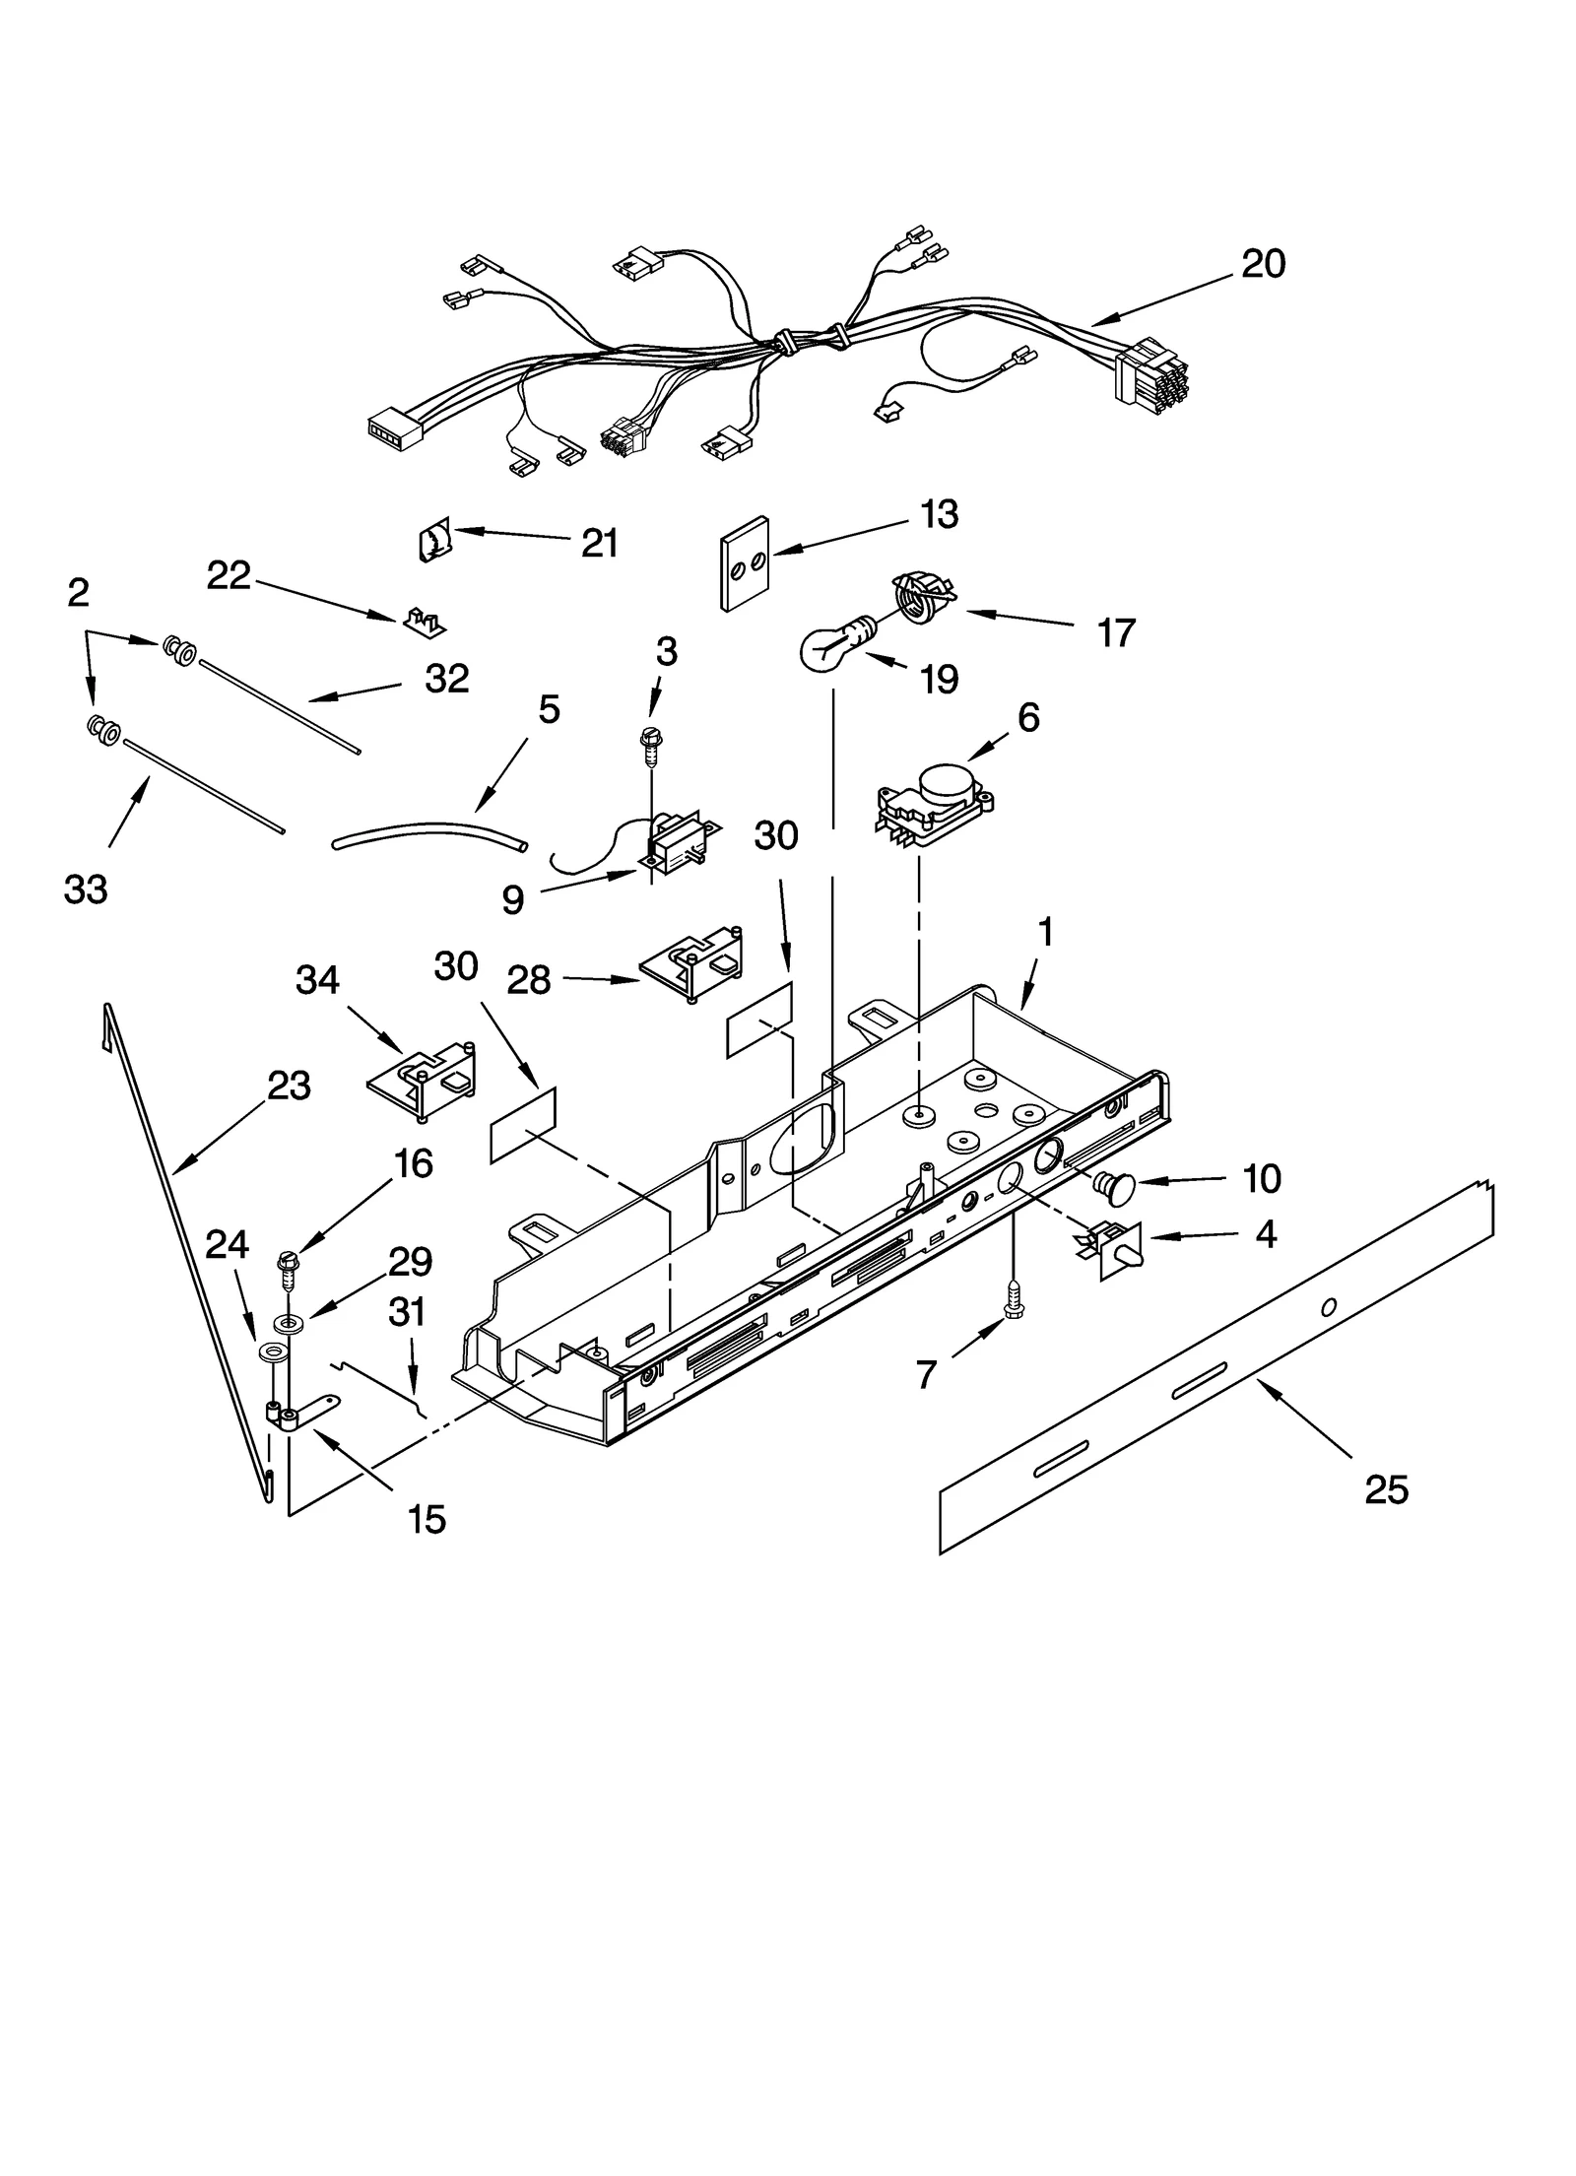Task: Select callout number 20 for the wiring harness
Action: click(x=1262, y=264)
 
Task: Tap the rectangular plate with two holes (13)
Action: click(x=745, y=562)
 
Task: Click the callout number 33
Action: click(x=86, y=890)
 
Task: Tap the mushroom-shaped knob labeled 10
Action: click(x=1113, y=1187)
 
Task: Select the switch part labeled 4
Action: click(x=1113, y=1250)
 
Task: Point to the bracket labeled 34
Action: click(x=424, y=1082)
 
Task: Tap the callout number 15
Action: click(x=427, y=1518)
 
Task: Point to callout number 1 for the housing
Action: click(x=1046, y=931)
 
